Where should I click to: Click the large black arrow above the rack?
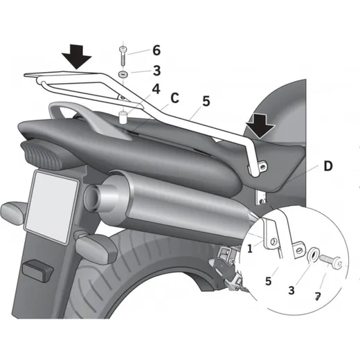76,57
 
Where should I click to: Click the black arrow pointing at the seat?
260,127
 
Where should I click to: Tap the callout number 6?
156,50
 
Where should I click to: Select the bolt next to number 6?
123,56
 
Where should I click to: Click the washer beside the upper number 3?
123,75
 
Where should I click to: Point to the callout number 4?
156,89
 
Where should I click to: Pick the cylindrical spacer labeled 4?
123,117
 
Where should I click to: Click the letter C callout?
174,98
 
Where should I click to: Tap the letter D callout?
328,165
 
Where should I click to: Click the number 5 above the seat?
206,101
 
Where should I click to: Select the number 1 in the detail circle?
250,249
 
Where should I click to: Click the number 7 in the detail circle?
318,296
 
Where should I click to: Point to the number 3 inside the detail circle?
291,290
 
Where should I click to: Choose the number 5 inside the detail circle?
268,281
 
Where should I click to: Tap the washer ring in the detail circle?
313,255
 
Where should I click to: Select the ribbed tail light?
44,154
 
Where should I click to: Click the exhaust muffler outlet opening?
93,198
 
